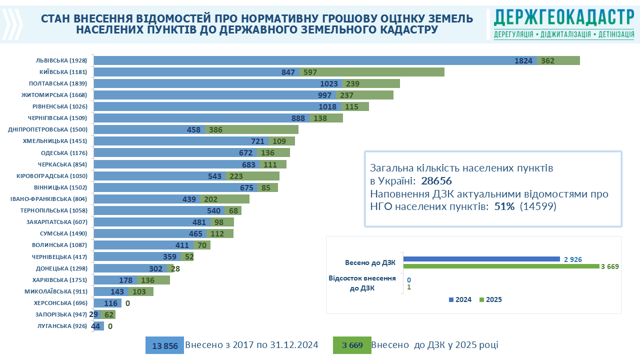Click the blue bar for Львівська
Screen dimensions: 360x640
(315, 60)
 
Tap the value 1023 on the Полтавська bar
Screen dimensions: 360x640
(329, 83)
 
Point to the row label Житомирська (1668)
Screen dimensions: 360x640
(54, 95)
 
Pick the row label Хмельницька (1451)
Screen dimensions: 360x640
(55, 141)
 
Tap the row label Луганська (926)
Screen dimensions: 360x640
(62, 326)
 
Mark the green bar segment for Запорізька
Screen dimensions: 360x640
(108, 314)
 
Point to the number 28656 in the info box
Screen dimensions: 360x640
(436, 180)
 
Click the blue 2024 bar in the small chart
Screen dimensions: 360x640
(481, 259)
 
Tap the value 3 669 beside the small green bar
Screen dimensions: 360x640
(610, 266)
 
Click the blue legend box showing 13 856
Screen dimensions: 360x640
(164, 345)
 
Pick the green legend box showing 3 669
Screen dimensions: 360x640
(352, 345)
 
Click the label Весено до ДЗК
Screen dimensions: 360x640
(370, 262)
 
